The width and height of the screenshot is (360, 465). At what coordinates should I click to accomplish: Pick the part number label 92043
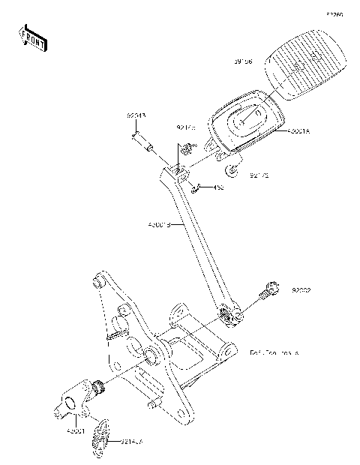click(x=136, y=116)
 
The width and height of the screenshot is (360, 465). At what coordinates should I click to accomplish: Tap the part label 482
click(x=219, y=187)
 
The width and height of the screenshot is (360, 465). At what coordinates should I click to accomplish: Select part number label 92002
click(x=302, y=289)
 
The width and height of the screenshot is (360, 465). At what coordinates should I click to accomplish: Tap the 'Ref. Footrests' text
click(x=274, y=351)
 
